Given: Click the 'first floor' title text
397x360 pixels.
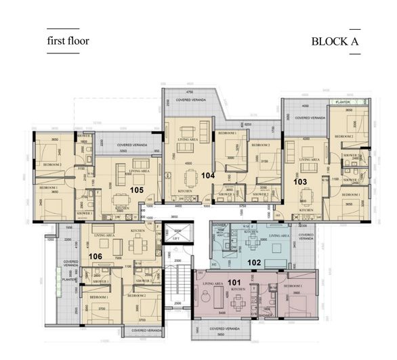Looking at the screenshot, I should tap(68, 41).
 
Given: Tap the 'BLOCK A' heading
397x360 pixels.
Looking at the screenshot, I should tap(335, 41).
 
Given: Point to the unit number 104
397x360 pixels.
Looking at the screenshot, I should tap(207, 175).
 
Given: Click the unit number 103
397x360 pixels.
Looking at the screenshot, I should tap(300, 182).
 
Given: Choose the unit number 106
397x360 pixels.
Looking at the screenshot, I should tap(96, 256).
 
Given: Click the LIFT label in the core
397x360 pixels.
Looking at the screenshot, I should tap(176, 239).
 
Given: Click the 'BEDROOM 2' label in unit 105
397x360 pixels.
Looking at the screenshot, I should tap(51, 164).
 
